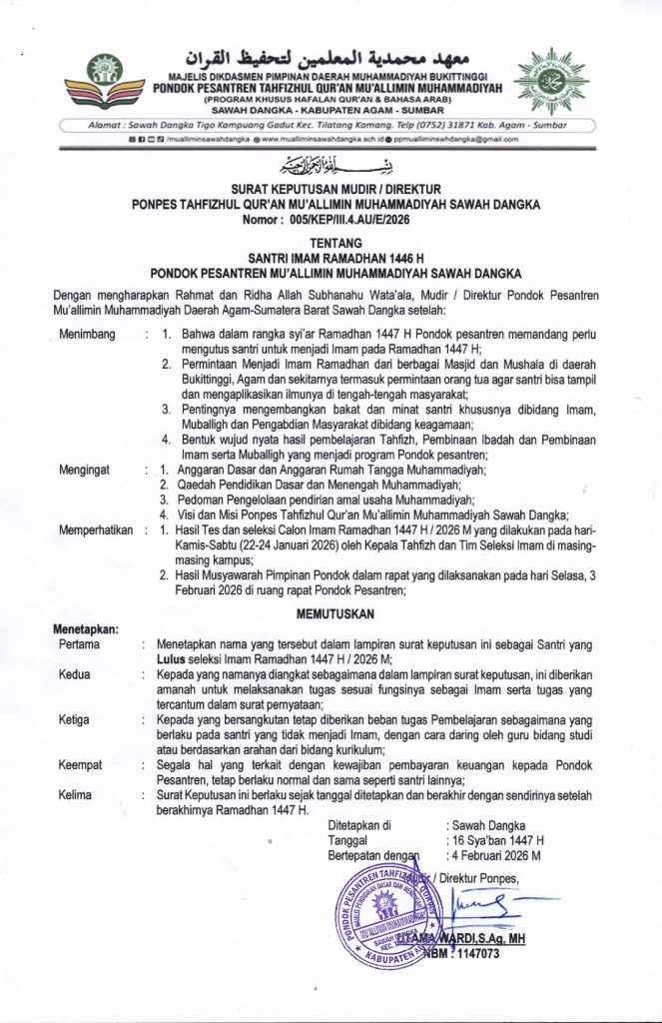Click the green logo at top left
pos(105,75)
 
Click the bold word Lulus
pos(174,660)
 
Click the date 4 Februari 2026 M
pos(496,856)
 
